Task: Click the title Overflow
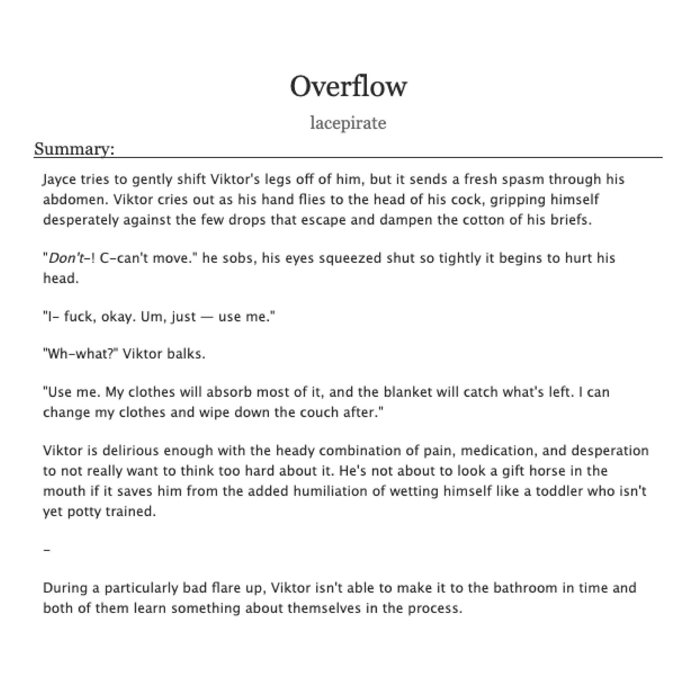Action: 348,86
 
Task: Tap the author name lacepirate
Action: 348,123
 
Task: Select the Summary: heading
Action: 74,149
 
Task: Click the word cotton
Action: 484,220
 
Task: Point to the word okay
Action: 116,317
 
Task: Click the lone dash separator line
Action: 47,550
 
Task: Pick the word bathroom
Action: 525,588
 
